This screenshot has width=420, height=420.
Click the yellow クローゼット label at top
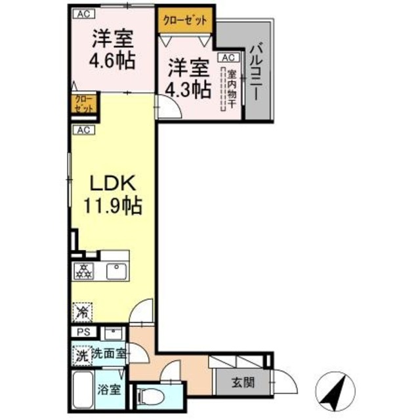184,19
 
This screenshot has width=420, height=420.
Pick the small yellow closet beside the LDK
84,105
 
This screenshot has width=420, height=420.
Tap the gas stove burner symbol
84,270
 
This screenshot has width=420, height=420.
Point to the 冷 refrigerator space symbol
83,312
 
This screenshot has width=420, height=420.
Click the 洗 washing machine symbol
81,357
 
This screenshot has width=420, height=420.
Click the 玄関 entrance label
242,383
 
